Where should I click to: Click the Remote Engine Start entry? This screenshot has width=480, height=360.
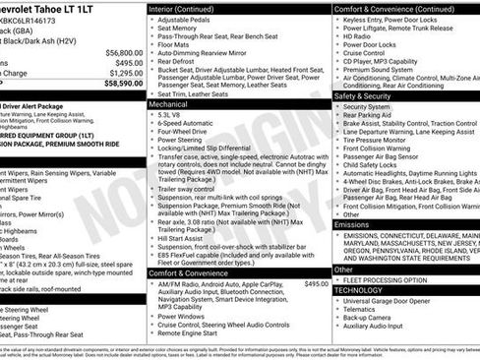coord(189,334)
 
